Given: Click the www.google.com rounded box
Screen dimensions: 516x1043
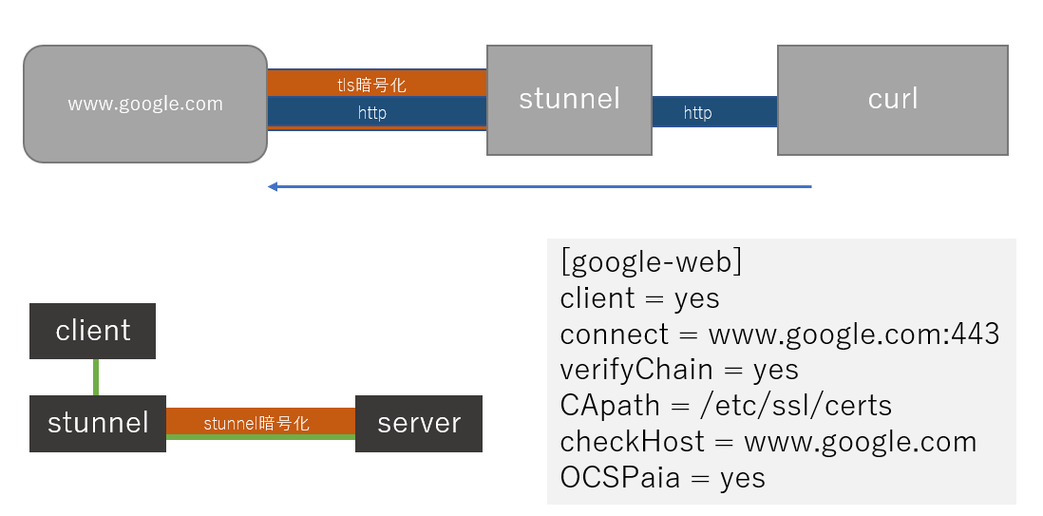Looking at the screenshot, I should click(145, 104).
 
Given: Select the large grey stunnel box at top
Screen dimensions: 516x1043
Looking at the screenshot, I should click(569, 99).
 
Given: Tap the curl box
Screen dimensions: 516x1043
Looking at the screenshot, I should click(892, 99).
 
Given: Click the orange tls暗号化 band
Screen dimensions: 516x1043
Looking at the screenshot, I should click(376, 84).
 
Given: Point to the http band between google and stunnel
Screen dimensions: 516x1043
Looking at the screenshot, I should click(376, 113).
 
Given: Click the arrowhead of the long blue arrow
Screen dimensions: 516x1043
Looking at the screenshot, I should click(274, 187).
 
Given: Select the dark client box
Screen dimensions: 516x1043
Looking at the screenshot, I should click(92, 331).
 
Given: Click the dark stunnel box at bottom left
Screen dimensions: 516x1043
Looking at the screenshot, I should click(98, 423).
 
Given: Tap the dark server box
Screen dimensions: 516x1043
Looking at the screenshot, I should click(418, 423).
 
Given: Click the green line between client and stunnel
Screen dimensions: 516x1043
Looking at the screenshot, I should click(95, 377).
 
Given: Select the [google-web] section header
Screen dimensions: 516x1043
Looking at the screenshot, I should click(651, 262).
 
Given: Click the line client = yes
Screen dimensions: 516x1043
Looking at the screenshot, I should click(639, 298).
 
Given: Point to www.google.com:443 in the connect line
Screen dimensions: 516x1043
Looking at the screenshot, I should click(854, 334).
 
